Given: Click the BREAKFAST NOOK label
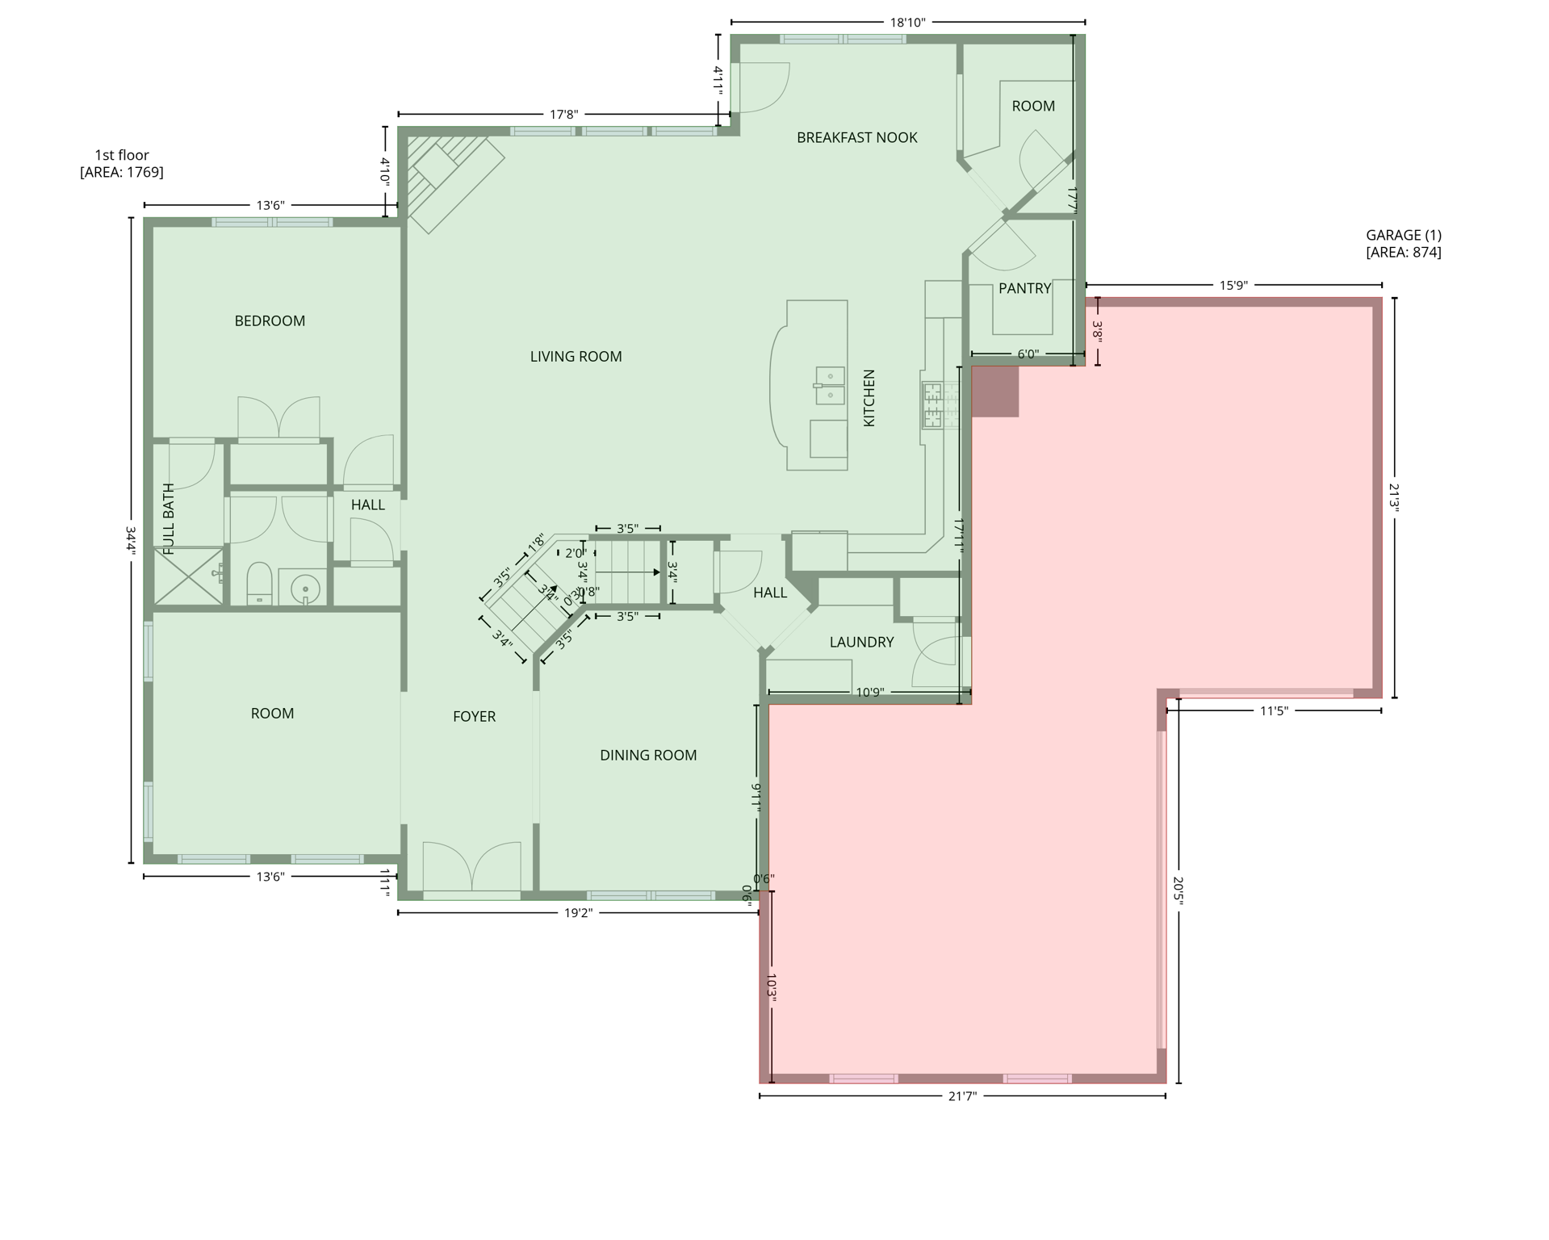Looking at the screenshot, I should pos(856,138).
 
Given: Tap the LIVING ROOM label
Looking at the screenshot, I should pos(576,357).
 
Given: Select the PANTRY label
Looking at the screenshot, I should pos(1024,289).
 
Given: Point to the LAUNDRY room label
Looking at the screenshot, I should pos(861,643).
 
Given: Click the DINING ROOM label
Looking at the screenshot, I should pos(648,756).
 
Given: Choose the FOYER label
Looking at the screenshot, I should pos(474,717).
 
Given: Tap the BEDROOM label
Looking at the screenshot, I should pos(270,321).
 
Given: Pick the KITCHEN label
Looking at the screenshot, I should pos(869,398).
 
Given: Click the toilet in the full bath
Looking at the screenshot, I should pos(259,582).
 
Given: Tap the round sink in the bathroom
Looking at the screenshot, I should pos(305,589).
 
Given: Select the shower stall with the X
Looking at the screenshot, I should pos(188,576).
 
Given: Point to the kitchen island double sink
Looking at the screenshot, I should pos(830,385).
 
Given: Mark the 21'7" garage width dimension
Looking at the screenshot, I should pos(961,1096).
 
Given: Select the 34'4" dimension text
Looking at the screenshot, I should pos(131,541).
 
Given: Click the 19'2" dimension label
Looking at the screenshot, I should pos(578,913).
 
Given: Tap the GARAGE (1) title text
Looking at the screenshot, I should pos(1403,236).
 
